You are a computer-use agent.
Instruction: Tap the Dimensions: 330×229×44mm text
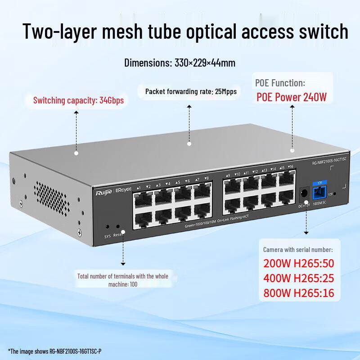pos(180,63)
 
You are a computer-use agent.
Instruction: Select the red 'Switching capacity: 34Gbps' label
pos(78,100)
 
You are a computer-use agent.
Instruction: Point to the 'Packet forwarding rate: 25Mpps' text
pos(191,92)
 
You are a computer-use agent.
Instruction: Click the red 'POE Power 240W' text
pos(291,97)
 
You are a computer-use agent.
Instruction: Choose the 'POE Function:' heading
pos(280,83)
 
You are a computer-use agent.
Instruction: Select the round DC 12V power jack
pos(303,193)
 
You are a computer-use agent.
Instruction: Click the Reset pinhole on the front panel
pos(118,228)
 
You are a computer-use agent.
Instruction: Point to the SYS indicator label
pos(108,236)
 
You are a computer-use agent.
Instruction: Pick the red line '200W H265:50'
pos(299,264)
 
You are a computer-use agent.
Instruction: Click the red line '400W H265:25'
pos(299,279)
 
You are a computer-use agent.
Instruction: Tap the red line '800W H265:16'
pos(299,293)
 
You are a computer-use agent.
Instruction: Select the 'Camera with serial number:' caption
pos(298,250)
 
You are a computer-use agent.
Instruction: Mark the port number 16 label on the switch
pos(291,167)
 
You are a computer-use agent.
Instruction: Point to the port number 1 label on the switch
pos(139,187)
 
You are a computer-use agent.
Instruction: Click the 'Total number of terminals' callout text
pos(122,280)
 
